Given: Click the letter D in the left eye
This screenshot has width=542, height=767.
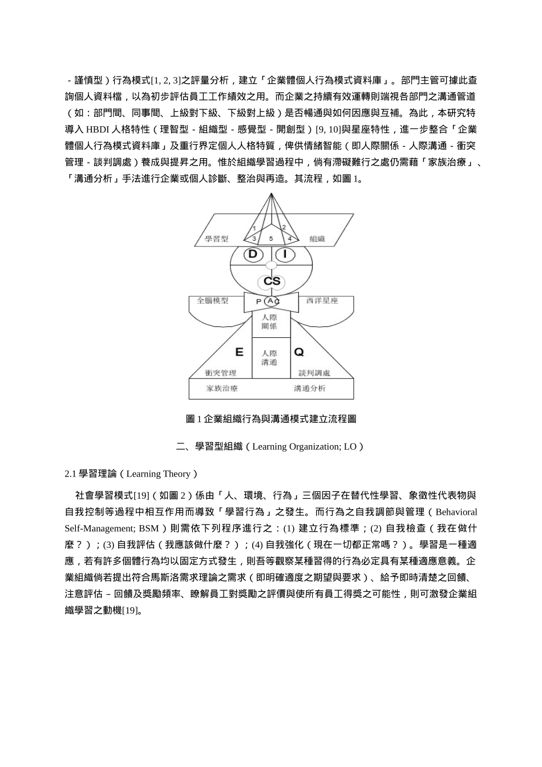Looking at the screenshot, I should click(x=252, y=254).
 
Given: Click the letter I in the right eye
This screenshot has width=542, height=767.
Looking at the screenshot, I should click(x=285, y=254).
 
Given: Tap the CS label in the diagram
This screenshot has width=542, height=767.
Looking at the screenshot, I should click(x=272, y=281).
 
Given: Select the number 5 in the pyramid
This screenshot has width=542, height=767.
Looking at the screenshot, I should click(x=271, y=239).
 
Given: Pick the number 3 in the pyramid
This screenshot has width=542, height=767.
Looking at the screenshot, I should click(x=254, y=239).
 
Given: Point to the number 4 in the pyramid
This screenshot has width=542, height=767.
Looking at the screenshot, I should click(x=289, y=239).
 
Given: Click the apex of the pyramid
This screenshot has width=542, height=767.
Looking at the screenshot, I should click(x=272, y=194).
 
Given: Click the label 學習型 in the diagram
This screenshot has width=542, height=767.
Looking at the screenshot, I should click(x=217, y=239).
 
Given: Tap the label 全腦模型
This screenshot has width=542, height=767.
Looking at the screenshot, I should click(x=213, y=300).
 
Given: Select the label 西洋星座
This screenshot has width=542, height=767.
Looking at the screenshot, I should click(x=322, y=300).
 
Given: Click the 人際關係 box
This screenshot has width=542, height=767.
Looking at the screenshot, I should click(x=269, y=321).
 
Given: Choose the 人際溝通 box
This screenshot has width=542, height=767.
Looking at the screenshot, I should click(x=269, y=358).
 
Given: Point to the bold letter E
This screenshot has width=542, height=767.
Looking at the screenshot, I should click(x=239, y=352).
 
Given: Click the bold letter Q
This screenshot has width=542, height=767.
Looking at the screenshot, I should click(x=298, y=352).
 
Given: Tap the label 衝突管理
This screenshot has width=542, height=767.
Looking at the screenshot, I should click(x=220, y=373).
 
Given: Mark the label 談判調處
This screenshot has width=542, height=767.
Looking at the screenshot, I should click(x=314, y=373).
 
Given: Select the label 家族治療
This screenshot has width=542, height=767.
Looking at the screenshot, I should click(x=222, y=388).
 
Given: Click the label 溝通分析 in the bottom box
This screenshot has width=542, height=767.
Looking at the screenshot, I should click(x=310, y=388).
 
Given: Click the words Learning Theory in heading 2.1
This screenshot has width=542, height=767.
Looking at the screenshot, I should click(x=158, y=474).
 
